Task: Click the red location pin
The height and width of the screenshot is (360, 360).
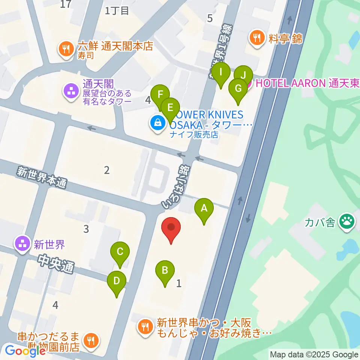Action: click(x=171, y=228)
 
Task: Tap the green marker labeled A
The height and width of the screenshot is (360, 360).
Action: click(x=204, y=208)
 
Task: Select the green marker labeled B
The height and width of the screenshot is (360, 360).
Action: click(x=165, y=270)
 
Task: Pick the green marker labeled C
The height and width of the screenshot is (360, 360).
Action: click(x=120, y=252)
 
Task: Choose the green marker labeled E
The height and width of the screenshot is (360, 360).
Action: click(x=170, y=108)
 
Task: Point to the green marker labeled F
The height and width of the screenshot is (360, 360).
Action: click(x=160, y=94)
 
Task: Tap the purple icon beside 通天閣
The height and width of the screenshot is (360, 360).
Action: click(x=70, y=90)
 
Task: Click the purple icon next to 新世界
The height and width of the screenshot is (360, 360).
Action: click(x=22, y=244)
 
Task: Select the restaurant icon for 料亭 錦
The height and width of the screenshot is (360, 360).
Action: click(x=257, y=37)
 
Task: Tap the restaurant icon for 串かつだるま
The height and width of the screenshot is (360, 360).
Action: click(x=90, y=340)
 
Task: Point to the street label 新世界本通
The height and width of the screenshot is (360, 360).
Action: click(x=41, y=177)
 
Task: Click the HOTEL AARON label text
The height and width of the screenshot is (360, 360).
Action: click(x=288, y=83)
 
